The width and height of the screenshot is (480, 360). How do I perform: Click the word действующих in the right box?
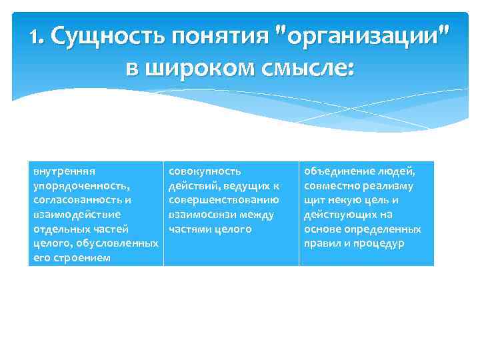(340, 215)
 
